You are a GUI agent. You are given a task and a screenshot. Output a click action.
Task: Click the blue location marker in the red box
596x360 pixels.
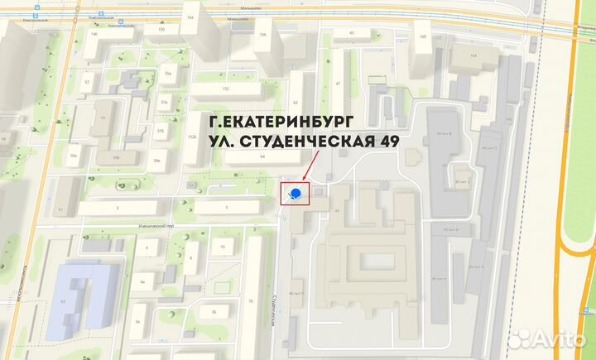(x=296, y=194)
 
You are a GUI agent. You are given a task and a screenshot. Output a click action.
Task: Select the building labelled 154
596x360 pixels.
(x=192, y=17)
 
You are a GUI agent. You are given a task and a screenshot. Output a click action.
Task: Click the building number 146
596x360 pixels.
(x=94, y=33)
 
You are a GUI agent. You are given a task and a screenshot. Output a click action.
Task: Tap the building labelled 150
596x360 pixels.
(x=161, y=30)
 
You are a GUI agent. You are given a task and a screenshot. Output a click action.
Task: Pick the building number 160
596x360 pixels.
(x=423, y=37)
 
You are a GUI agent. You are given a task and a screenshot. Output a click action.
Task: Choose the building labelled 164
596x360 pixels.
(x=473, y=56)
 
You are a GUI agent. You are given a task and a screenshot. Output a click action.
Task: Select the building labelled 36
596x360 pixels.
(x=214, y=311)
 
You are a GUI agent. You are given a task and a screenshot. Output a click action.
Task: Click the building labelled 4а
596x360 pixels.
(x=142, y=282)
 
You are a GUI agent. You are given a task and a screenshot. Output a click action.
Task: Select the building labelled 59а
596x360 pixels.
(x=74, y=156)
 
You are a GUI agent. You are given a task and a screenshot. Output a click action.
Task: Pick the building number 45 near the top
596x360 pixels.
(x=352, y=33)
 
